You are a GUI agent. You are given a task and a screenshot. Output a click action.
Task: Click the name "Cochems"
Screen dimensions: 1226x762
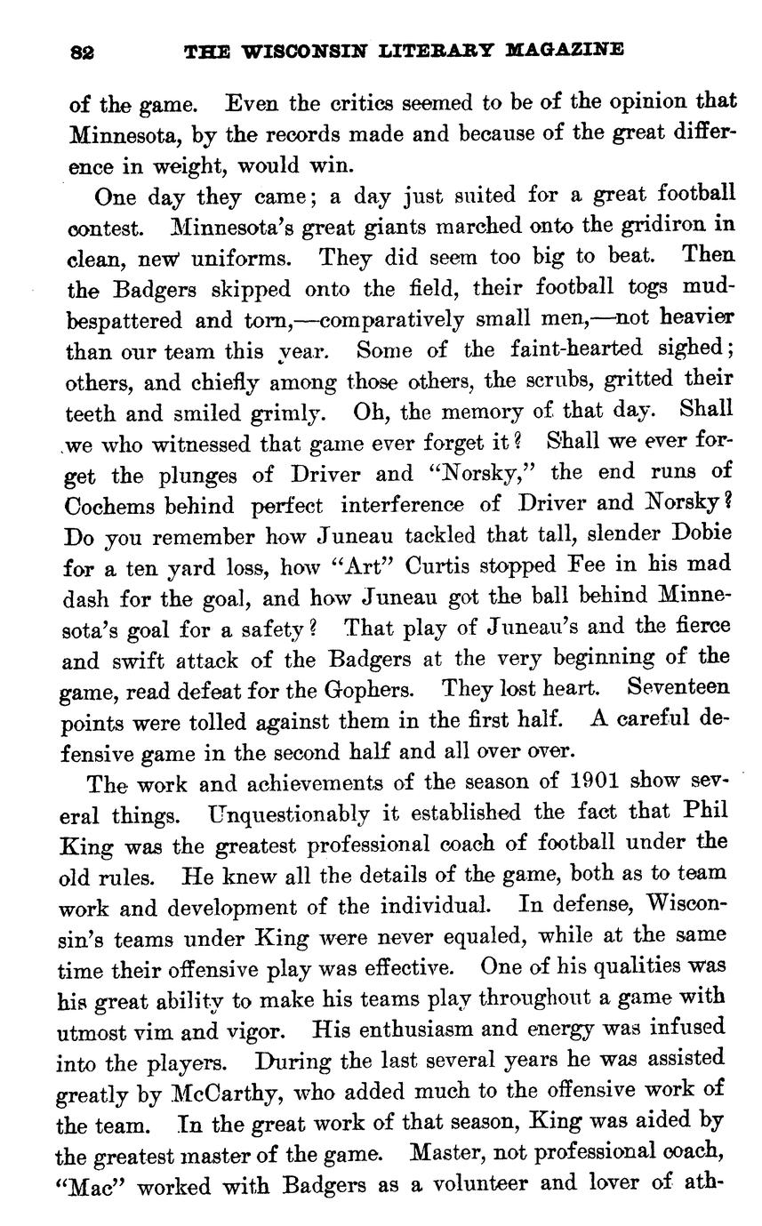pos(112,505)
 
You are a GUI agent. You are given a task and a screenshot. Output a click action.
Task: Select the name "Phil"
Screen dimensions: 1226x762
pos(706,813)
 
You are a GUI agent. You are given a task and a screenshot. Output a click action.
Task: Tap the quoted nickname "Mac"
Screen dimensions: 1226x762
pos(93,1185)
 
